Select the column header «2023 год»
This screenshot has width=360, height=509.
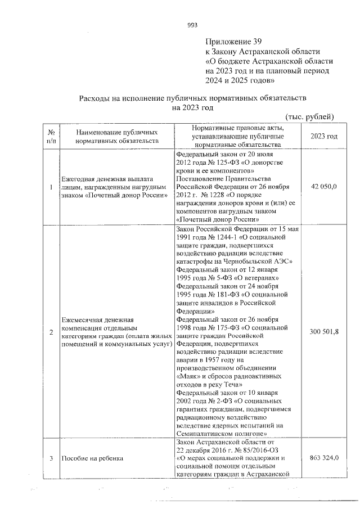pos(323,137)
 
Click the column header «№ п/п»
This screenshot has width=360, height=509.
pos(51,137)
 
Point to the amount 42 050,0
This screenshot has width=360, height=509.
pos(323,186)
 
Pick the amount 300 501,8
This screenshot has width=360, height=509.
pos(323,332)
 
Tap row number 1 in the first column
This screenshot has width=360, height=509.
pos(51,186)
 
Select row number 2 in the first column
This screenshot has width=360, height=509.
pos(51,332)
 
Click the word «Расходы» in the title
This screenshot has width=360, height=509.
pos(95,97)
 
